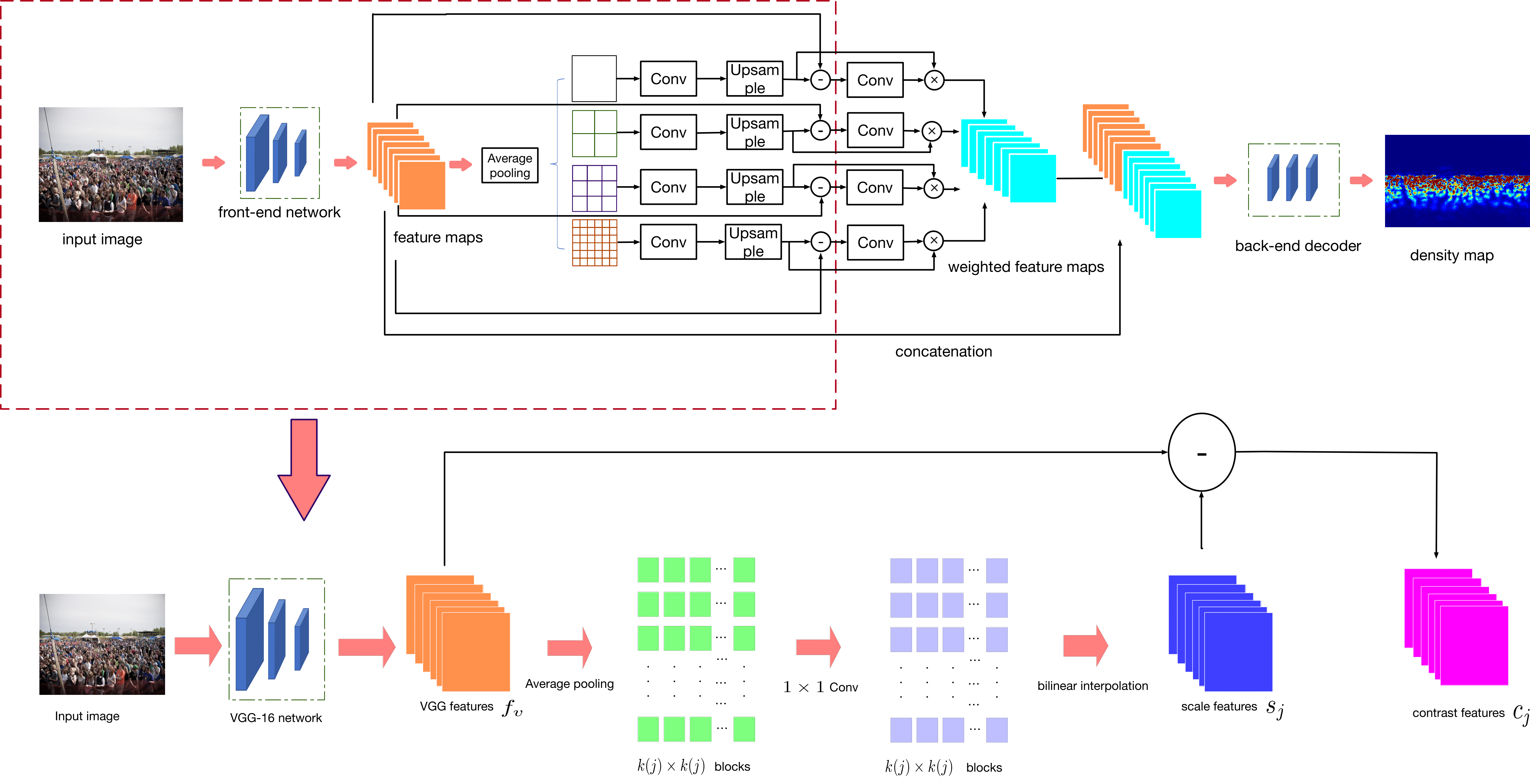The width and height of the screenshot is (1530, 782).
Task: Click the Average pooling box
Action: [510, 165]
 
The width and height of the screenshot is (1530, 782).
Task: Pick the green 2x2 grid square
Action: [594, 133]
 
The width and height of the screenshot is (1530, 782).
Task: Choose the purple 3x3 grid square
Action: [594, 188]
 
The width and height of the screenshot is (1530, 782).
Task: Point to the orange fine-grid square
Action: [594, 242]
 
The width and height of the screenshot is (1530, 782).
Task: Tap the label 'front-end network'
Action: [279, 212]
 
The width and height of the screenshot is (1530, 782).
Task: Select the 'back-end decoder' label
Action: [1298, 246]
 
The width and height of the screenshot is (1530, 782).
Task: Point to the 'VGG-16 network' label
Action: [276, 718]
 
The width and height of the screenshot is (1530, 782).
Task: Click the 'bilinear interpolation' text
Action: [1092, 686]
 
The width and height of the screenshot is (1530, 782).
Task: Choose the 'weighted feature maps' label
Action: [1026, 267]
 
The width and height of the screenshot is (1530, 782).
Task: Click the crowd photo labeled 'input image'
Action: [111, 165]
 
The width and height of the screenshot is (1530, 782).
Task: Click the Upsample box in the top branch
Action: [754, 78]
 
